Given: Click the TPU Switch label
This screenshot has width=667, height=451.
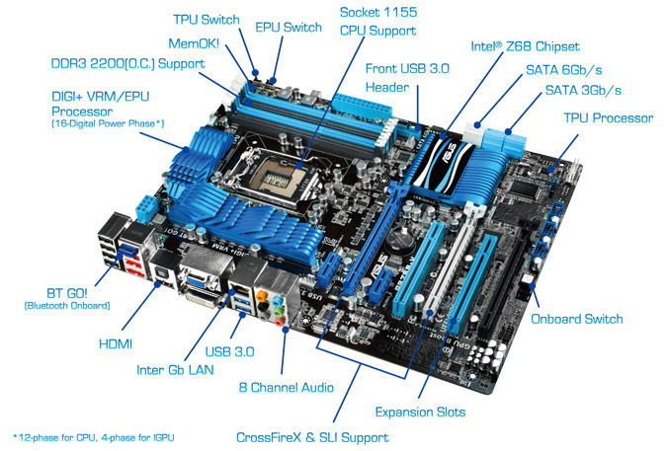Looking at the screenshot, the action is (x=207, y=20).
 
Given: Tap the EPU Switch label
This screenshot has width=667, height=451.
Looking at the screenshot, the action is (x=289, y=28).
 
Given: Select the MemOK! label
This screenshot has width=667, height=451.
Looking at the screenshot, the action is (x=194, y=43).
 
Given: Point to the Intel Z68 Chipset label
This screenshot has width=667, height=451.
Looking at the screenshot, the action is (x=525, y=46).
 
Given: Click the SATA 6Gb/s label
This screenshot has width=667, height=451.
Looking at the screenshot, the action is (x=563, y=70).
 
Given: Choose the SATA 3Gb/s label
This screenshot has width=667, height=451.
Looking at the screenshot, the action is (x=583, y=90).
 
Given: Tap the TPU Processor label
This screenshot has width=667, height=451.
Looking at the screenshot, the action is (x=609, y=118).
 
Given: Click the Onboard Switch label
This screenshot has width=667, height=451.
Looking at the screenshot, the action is (x=577, y=319).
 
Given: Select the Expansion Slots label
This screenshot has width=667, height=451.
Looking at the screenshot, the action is (x=420, y=412).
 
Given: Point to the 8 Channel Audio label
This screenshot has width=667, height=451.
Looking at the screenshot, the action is (x=287, y=387).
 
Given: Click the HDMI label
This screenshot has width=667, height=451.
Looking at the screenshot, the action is (x=116, y=344).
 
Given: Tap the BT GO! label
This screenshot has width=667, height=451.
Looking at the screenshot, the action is (x=67, y=293).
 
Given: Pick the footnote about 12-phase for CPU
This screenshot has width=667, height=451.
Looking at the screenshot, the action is (x=94, y=437).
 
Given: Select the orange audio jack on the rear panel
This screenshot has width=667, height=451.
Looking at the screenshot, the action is (x=263, y=294).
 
